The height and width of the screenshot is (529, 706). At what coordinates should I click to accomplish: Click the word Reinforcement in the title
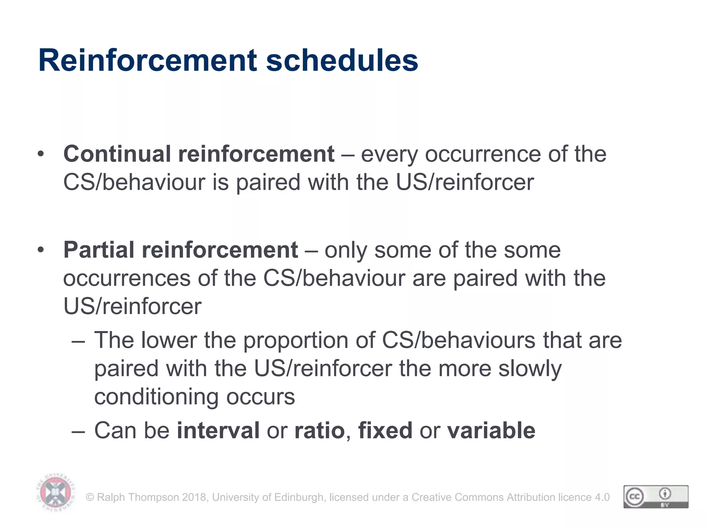coord(148,61)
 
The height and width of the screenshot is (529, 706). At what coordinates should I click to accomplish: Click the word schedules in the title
coord(342,61)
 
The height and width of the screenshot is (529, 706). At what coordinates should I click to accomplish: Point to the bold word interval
coord(218,431)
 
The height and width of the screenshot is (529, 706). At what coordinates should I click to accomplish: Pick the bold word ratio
coord(320,431)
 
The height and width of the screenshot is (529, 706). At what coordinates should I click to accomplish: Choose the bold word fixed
coord(385,431)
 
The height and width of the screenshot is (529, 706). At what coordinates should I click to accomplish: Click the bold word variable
coord(491,431)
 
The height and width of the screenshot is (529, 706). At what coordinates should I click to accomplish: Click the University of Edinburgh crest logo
coord(56,492)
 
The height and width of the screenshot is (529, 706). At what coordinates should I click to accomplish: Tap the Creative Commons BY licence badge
coord(656,497)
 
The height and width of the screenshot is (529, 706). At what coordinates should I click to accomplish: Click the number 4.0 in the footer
coord(602,497)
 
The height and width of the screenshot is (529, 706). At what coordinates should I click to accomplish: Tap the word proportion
coord(296,340)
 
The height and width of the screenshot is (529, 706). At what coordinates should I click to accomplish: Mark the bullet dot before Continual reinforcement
coord(41,154)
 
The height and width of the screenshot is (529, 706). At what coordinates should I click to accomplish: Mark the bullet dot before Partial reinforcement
coord(41,250)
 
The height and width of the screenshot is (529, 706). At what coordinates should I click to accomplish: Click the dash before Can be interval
coord(78,431)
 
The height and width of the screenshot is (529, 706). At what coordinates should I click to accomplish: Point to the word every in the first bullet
coord(389,154)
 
